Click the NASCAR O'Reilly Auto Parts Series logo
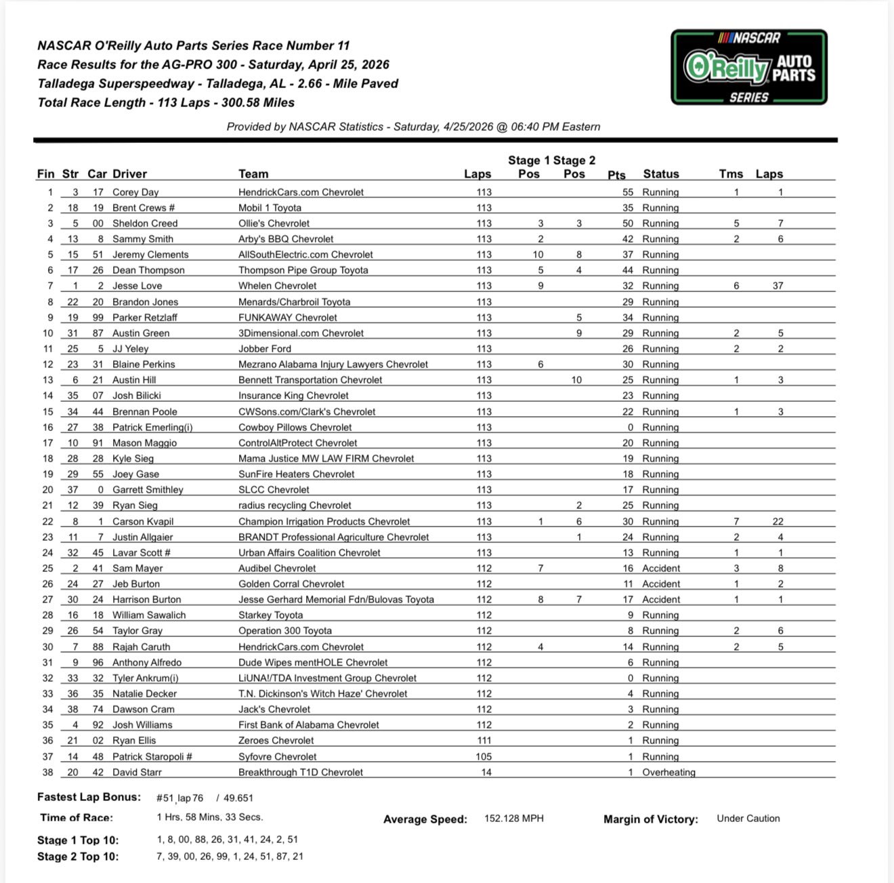[x=748, y=67]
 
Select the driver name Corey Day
[x=135, y=192]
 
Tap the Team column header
[x=253, y=174]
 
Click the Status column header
[x=660, y=174]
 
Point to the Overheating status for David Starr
[x=668, y=773]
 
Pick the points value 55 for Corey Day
[x=628, y=192]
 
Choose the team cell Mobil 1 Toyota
[x=270, y=208]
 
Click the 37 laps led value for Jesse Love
[x=778, y=286]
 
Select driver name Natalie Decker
[x=144, y=694]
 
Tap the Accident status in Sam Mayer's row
[x=661, y=569]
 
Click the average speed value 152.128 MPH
[x=513, y=819]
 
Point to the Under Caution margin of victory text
[x=748, y=819]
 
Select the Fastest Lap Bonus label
[x=89, y=798]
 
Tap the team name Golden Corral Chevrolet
[x=291, y=584]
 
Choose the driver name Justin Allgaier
[x=142, y=537]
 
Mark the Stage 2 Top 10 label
[x=78, y=857]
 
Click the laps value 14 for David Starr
[x=486, y=773]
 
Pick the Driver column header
[x=129, y=174]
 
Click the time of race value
[x=209, y=817]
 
